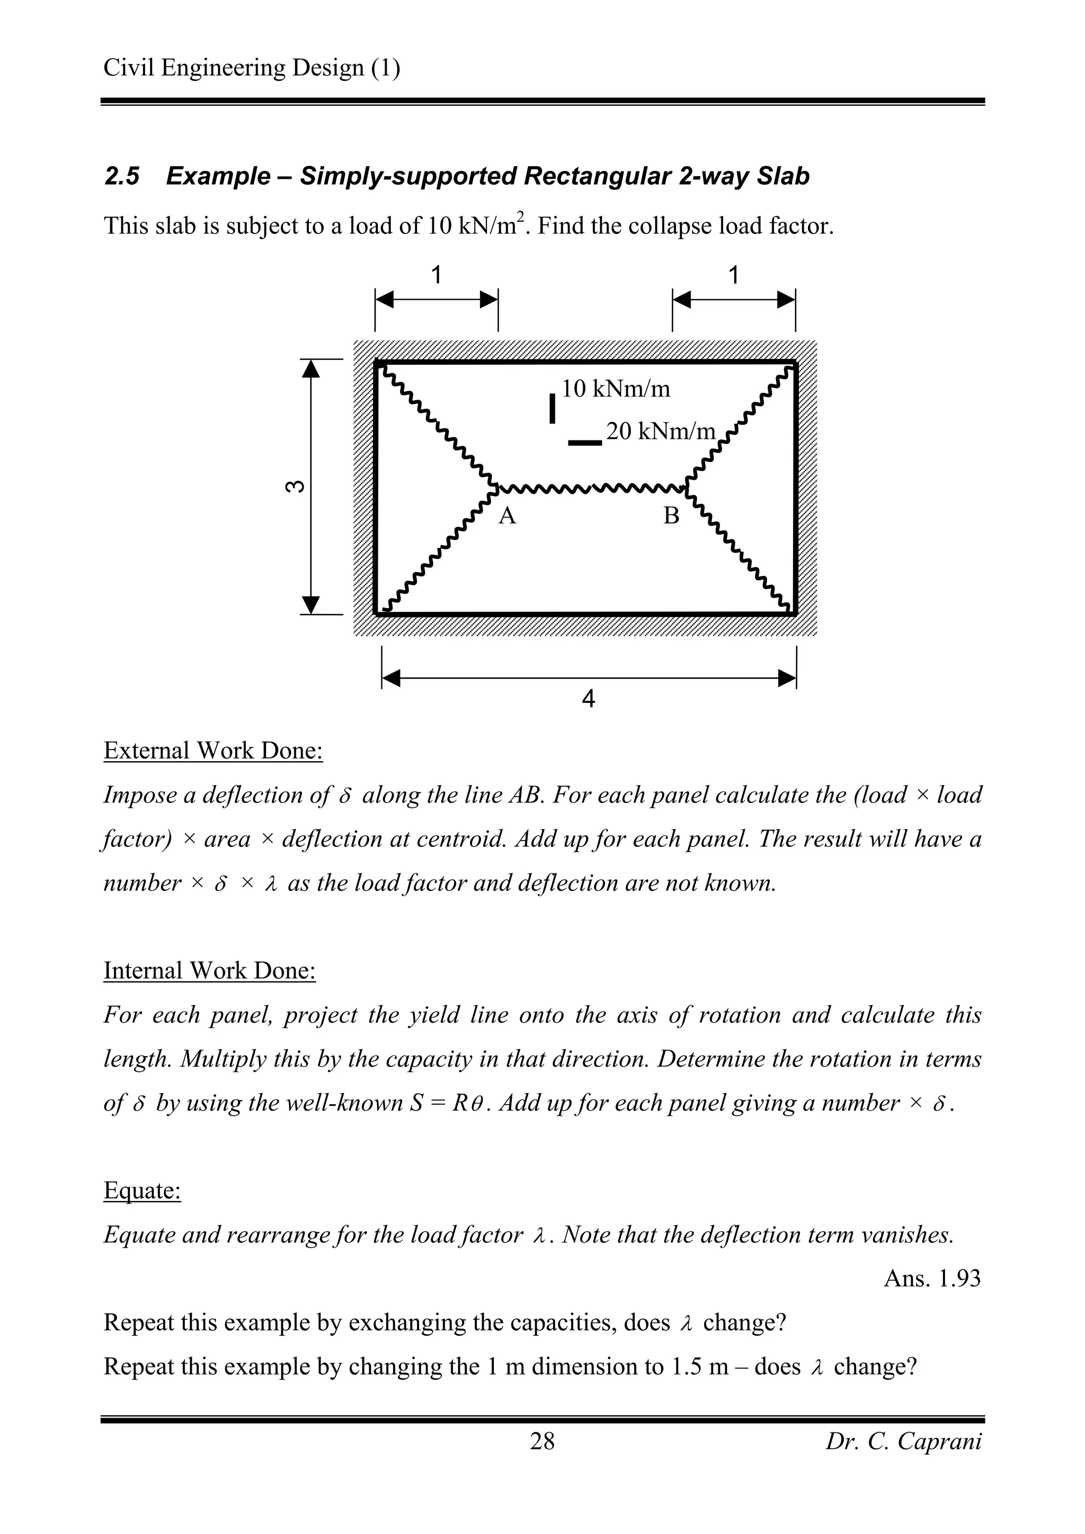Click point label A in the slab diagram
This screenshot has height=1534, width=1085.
coord(508,516)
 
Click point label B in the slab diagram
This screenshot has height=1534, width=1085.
coord(671,516)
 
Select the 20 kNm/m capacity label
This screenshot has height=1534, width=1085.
coord(661,431)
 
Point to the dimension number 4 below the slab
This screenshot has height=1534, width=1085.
coord(588,699)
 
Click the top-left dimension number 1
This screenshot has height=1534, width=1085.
coord(437,275)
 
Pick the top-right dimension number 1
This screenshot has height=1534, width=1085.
coord(733,275)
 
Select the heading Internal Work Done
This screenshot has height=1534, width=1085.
coord(209,971)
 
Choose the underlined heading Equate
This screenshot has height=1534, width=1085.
coord(142,1190)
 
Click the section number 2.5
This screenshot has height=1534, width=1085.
coord(122,176)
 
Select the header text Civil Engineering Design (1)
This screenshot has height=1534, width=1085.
coord(252,67)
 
